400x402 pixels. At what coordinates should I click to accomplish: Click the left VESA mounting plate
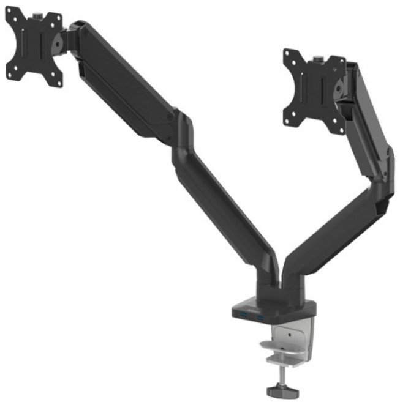(34, 47)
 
